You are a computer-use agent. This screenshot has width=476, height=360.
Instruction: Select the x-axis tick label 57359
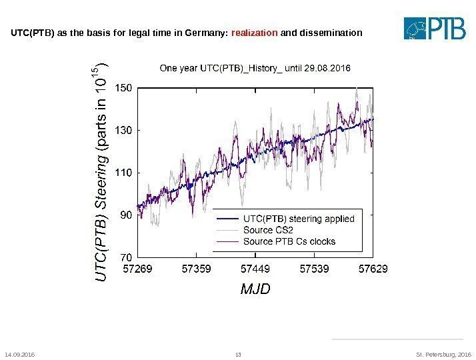coord(197,269)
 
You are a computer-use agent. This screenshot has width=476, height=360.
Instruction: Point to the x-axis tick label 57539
coord(313,269)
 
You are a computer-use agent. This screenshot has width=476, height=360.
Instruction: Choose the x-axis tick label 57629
coord(372,269)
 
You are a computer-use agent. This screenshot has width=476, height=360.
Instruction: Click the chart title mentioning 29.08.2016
coord(253,68)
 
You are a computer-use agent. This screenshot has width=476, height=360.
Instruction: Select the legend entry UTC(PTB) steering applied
coord(299,218)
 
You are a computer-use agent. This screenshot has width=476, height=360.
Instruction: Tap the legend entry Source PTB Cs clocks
coord(289,241)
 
